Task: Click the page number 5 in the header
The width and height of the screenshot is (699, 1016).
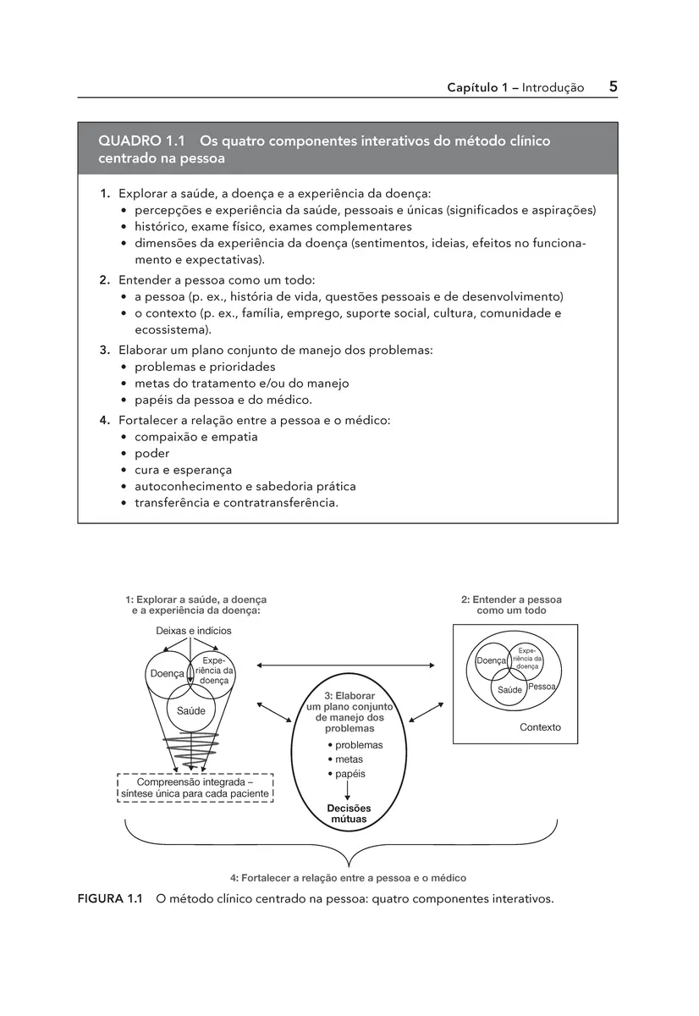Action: (612, 86)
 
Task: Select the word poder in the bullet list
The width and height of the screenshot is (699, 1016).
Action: (152, 453)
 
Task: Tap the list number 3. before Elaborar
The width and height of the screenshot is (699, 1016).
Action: (105, 350)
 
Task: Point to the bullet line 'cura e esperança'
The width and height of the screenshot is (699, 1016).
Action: (183, 470)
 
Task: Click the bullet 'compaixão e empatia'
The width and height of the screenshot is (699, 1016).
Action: (195, 437)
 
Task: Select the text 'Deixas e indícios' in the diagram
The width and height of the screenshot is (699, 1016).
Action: (193, 631)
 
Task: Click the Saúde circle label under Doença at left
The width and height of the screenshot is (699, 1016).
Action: (190, 711)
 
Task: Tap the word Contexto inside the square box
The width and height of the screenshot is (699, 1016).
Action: (540, 727)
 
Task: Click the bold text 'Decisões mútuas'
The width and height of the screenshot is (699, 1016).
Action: (349, 814)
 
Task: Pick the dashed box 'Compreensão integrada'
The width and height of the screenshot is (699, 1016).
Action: (195, 787)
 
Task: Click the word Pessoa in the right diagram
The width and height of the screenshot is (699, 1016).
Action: (541, 687)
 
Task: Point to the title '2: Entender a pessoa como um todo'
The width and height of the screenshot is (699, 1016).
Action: (511, 605)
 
